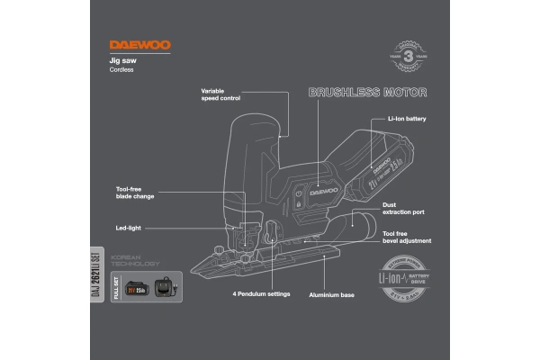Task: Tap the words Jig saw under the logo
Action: pos(122,60)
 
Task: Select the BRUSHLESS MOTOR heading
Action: pos(367,93)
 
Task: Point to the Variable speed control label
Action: pos(220,94)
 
